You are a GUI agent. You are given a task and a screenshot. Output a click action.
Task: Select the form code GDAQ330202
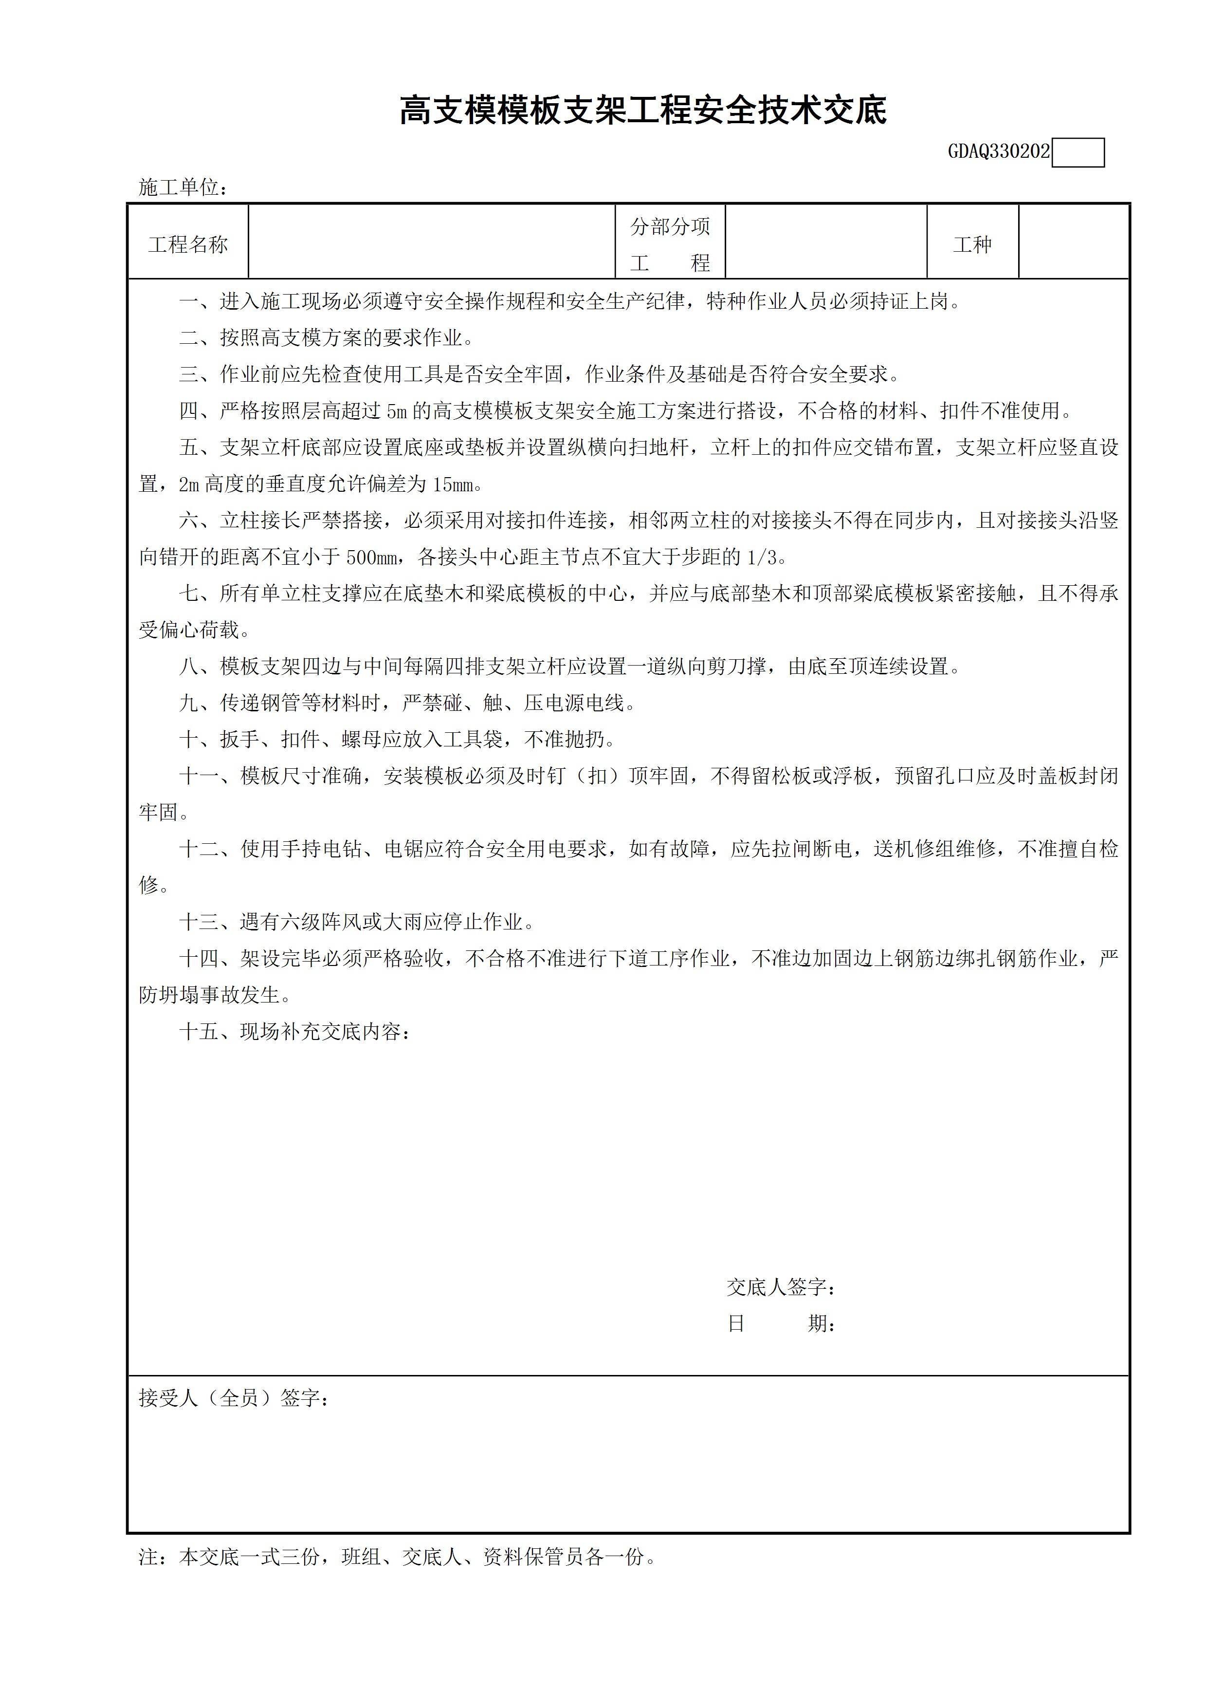click(998, 152)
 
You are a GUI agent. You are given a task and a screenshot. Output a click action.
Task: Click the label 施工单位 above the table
click(182, 187)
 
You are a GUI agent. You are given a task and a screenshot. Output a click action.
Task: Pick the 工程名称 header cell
click(188, 245)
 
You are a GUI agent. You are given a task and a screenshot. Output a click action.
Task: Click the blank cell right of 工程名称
click(431, 242)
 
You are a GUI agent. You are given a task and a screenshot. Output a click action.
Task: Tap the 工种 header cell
click(972, 245)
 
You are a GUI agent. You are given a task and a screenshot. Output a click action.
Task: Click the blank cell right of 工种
click(1073, 242)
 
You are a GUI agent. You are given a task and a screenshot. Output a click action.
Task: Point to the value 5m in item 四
click(396, 410)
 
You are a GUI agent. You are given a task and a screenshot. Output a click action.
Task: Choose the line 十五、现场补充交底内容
click(294, 1032)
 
